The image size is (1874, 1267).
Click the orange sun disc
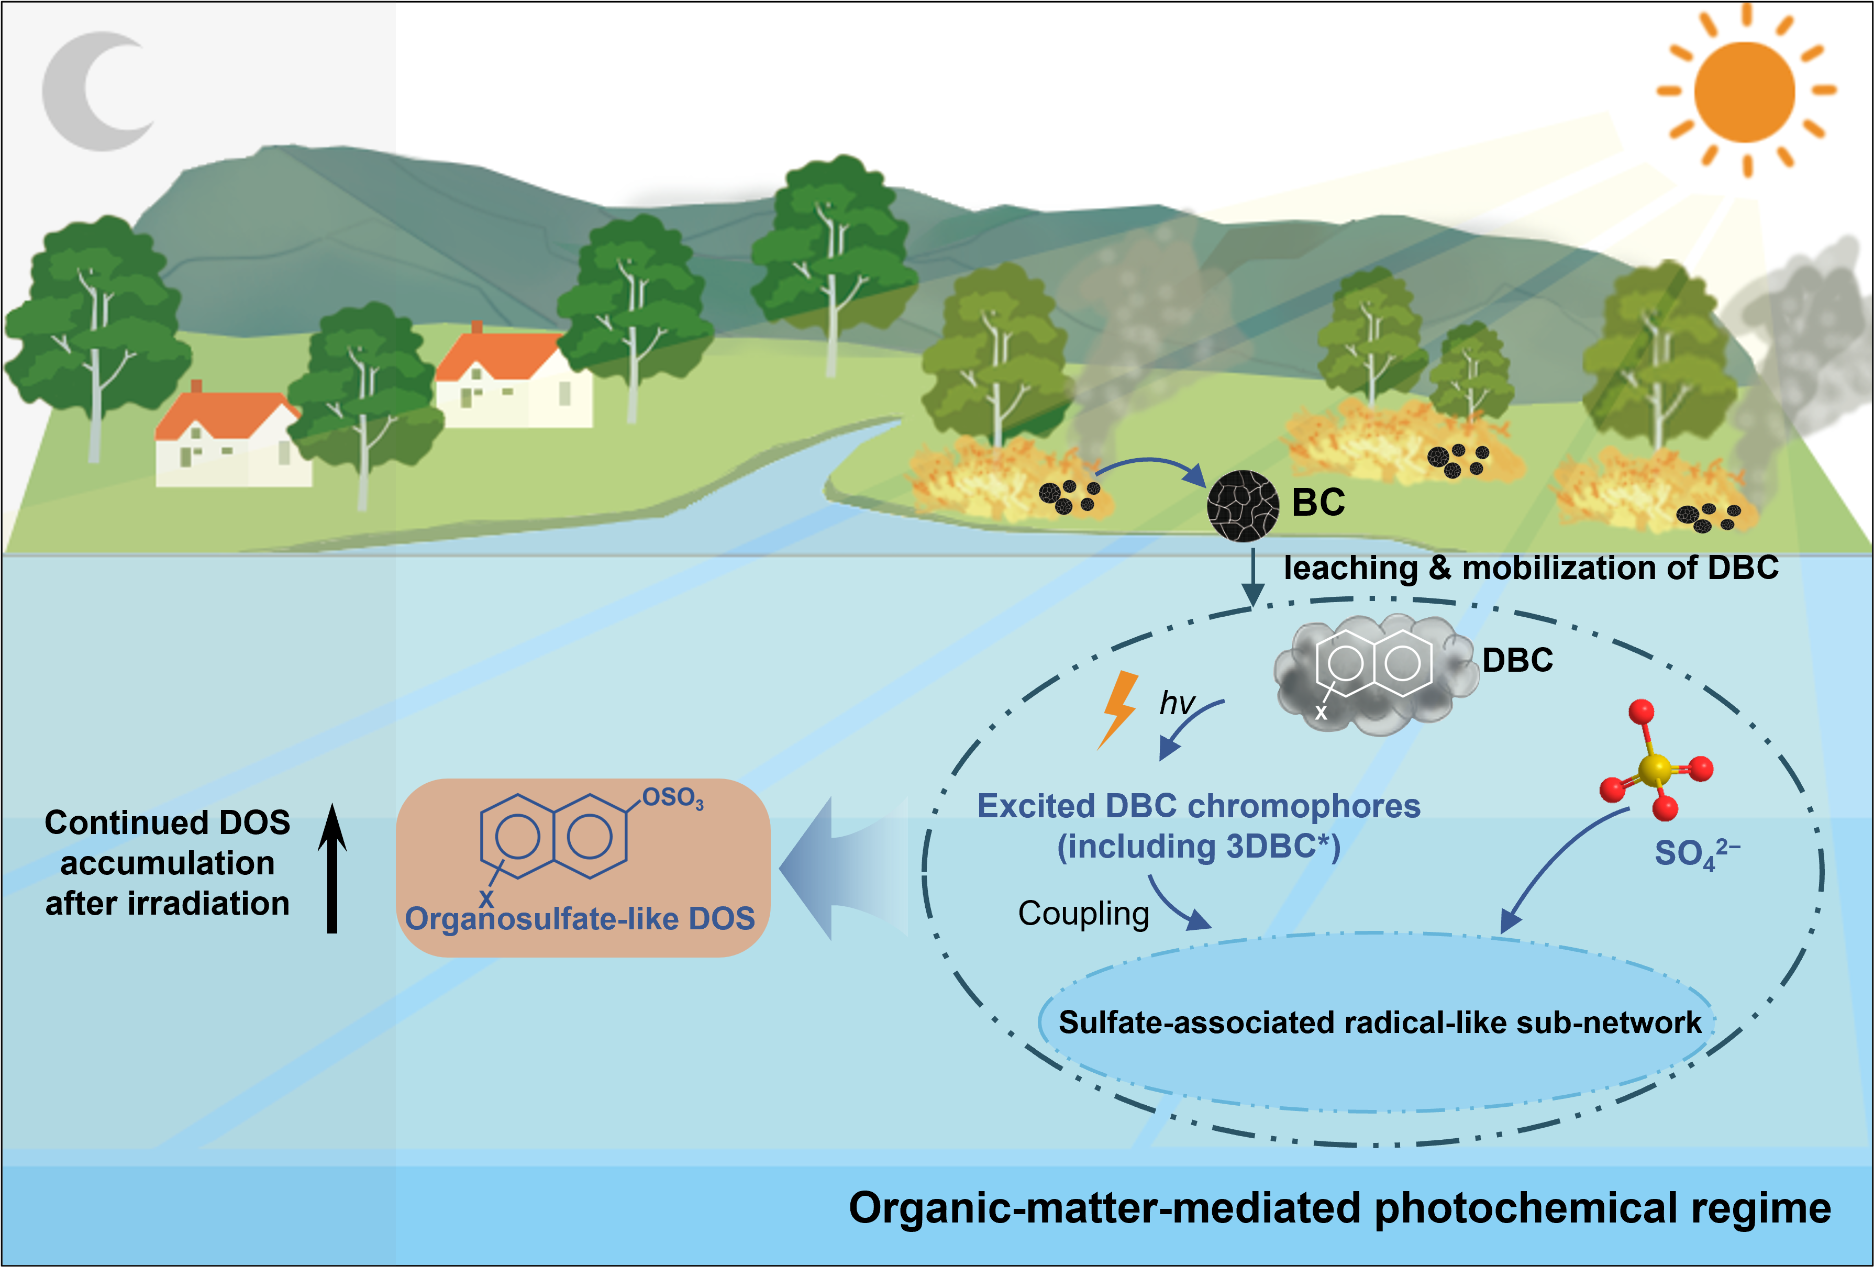pyautogui.click(x=1745, y=92)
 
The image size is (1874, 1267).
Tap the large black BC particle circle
pyautogui.click(x=1243, y=506)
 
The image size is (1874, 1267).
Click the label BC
pyautogui.click(x=1318, y=503)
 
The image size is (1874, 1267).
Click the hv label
pyautogui.click(x=1177, y=703)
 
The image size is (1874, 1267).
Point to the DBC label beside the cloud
pyautogui.click(x=1517, y=661)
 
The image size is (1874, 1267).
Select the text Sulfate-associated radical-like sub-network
pyautogui.click(x=1380, y=1023)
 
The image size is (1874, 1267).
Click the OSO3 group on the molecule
pyautogui.click(x=672, y=798)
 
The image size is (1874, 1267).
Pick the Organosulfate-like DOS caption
pyautogui.click(x=580, y=919)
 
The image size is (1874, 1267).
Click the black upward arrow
pyautogui.click(x=332, y=868)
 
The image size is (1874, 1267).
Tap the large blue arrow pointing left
pyautogui.click(x=842, y=869)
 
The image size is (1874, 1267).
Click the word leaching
pyautogui.click(x=1351, y=569)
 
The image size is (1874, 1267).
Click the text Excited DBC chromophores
pyautogui.click(x=1199, y=806)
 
